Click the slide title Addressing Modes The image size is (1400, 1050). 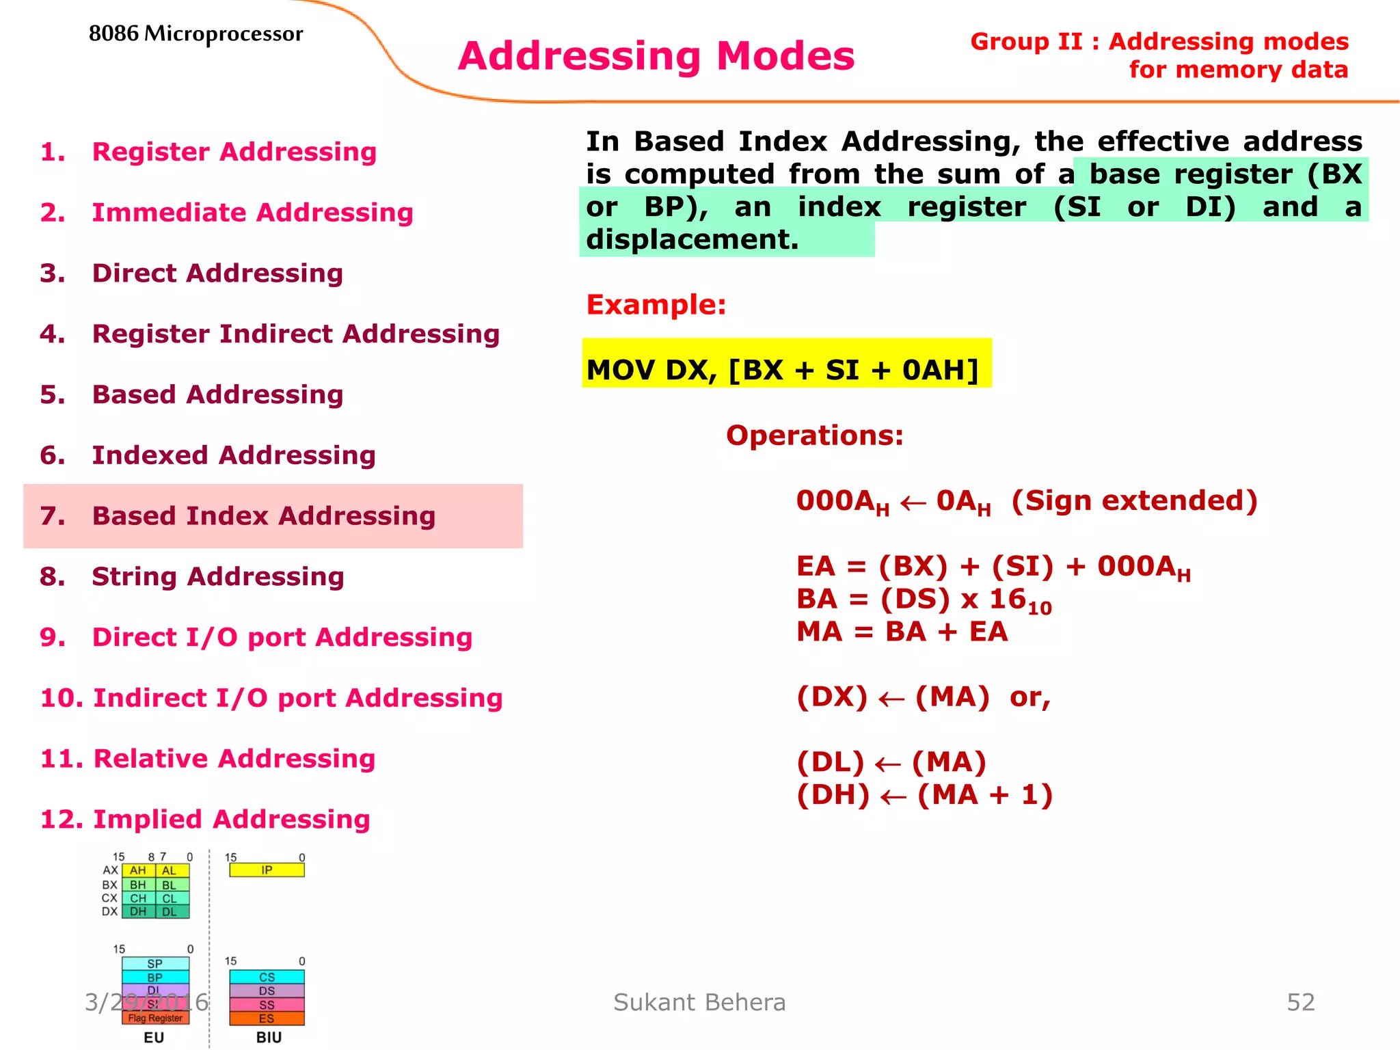pyautogui.click(x=656, y=56)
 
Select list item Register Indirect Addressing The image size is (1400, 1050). pyautogui.click(x=295, y=334)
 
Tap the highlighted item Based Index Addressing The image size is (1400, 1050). pyautogui.click(x=263, y=516)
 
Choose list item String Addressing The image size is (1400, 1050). pyautogui.click(x=217, y=577)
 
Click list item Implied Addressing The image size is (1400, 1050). pyautogui.click(x=231, y=820)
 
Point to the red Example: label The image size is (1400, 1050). pyautogui.click(x=656, y=305)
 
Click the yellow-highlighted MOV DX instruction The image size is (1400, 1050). pyautogui.click(x=783, y=370)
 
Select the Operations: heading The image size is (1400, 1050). pyautogui.click(x=814, y=435)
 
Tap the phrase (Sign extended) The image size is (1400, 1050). pyautogui.click(x=1134, y=501)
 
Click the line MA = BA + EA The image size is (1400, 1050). pyautogui.click(x=902, y=632)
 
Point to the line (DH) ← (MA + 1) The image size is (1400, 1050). pyautogui.click(x=924, y=795)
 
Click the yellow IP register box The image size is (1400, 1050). pyautogui.click(x=267, y=870)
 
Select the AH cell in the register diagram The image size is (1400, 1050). pyautogui.click(x=138, y=871)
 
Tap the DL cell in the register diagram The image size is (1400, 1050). pyautogui.click(x=170, y=912)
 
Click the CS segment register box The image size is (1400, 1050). pyautogui.click(x=267, y=978)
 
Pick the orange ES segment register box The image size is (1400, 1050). pyautogui.click(x=267, y=1019)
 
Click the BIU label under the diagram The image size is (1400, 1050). pyautogui.click(x=269, y=1038)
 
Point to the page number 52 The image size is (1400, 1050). pyautogui.click(x=1300, y=1003)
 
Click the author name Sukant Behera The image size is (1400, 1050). pyautogui.click(x=699, y=1003)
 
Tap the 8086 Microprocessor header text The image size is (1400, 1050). pyautogui.click(x=196, y=33)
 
